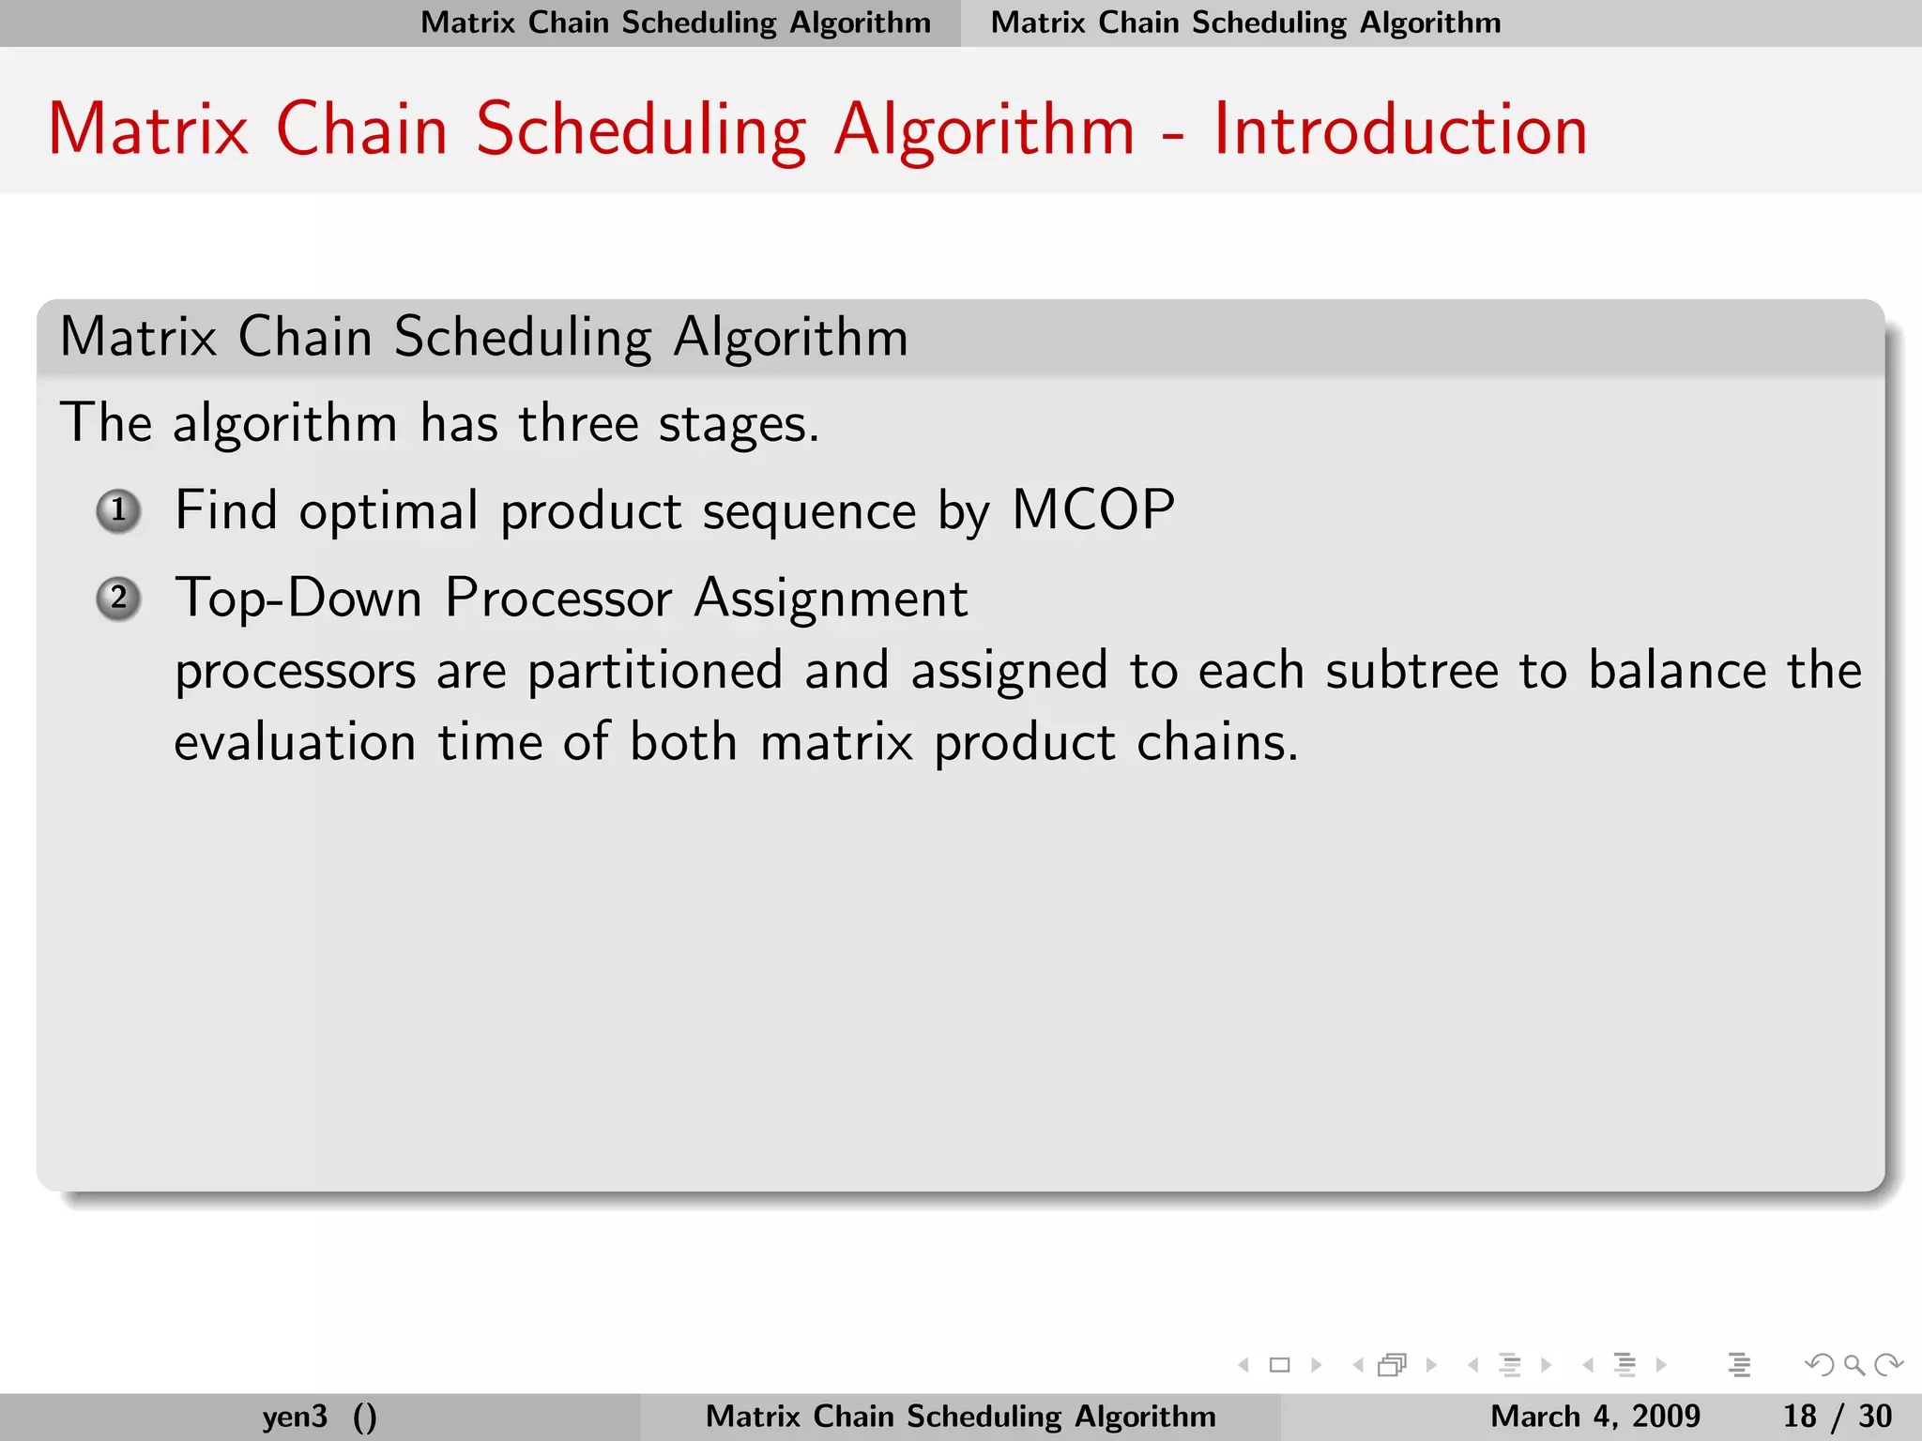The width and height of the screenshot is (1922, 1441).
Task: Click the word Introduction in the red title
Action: point(1400,129)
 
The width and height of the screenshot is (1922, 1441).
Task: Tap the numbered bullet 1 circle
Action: point(119,511)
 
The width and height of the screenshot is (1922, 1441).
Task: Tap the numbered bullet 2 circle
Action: point(119,599)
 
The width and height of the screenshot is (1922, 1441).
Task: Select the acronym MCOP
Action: point(1093,511)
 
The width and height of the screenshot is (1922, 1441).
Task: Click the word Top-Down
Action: point(298,599)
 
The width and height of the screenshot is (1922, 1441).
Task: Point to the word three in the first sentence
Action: point(578,424)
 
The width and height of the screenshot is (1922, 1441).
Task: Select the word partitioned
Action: point(654,672)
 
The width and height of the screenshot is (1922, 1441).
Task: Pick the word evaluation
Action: point(295,743)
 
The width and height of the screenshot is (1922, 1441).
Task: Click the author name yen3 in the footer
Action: point(295,1416)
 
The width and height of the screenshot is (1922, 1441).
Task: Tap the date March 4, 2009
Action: point(1594,1416)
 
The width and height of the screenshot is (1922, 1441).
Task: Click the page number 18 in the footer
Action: point(1799,1416)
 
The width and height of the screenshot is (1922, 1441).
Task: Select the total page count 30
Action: point(1875,1416)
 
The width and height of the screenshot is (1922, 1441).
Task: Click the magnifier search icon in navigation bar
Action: point(1853,1365)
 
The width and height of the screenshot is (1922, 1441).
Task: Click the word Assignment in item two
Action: point(831,599)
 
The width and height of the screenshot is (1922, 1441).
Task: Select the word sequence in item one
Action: point(809,513)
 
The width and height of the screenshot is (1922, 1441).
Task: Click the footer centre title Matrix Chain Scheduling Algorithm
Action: point(960,1416)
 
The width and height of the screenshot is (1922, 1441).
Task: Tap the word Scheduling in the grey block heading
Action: point(522,338)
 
